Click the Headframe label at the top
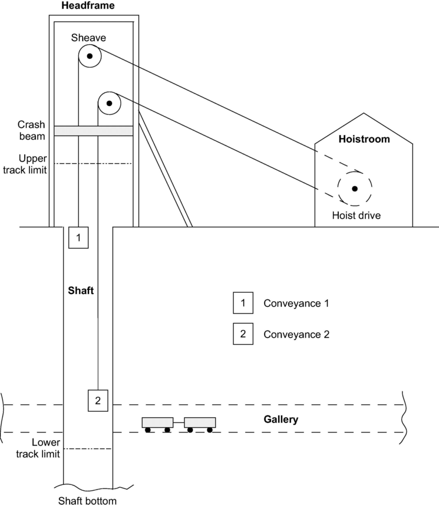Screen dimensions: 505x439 [x=88, y=6]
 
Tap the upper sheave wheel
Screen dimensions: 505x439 [x=90, y=57]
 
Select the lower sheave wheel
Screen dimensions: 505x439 [x=109, y=103]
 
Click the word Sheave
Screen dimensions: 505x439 [x=88, y=38]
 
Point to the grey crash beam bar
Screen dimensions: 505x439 [x=93, y=131]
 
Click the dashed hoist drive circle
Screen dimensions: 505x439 [x=355, y=189]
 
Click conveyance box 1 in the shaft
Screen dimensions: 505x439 [x=78, y=237]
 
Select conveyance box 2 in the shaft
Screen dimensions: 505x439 [x=98, y=400]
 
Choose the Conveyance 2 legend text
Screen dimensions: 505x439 [x=296, y=334]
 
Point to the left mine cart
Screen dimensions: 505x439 [x=157, y=423]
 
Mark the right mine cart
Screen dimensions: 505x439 [x=200, y=423]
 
